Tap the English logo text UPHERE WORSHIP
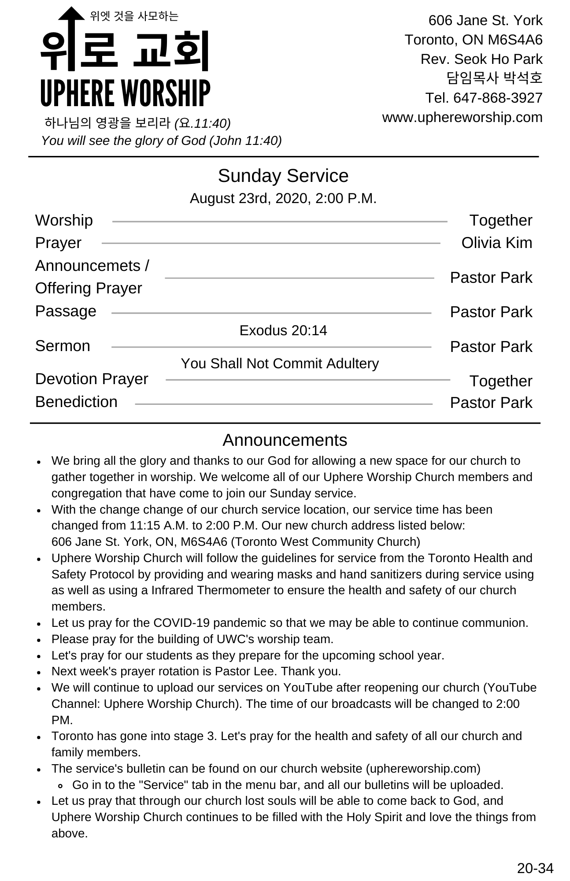125,93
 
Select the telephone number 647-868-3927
498,98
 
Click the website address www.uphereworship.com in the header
462,118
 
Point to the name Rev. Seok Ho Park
481,59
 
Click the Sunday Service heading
283,176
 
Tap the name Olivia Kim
496,243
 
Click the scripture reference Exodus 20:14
283,330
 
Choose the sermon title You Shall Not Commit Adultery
280,363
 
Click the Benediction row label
76,402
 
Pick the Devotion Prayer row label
92,379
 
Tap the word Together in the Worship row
500,220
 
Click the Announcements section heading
285,440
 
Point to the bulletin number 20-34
535,868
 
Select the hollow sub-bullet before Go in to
61,785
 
